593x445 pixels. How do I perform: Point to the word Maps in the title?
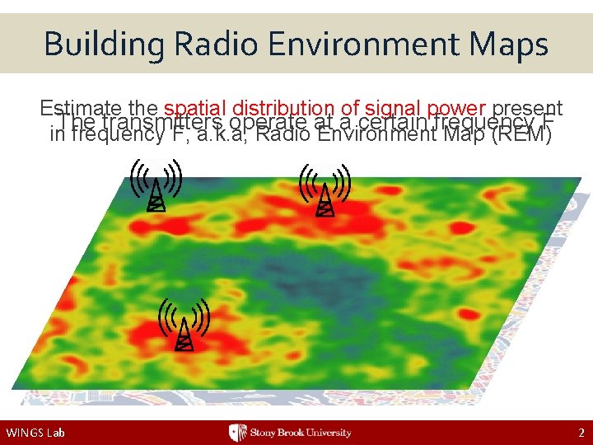click(509, 43)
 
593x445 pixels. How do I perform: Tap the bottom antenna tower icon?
click(184, 324)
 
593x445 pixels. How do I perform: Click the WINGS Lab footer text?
click(35, 433)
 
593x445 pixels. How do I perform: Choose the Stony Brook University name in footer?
click(301, 433)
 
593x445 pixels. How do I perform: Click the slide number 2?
click(581, 433)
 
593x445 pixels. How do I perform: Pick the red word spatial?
click(196, 108)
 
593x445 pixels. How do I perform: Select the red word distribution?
click(282, 108)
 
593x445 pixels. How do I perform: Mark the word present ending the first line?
click(527, 108)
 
